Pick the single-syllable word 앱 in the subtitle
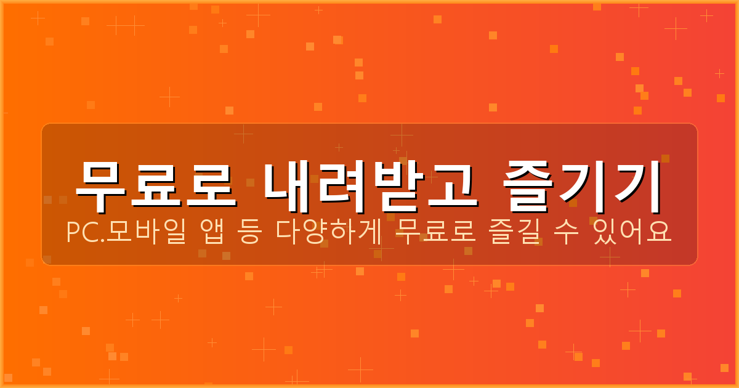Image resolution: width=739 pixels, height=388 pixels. pyautogui.click(x=212, y=233)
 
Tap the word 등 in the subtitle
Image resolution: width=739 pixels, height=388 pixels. pyautogui.click(x=249, y=233)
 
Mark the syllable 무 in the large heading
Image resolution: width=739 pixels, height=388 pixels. pyautogui.click(x=101, y=180)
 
